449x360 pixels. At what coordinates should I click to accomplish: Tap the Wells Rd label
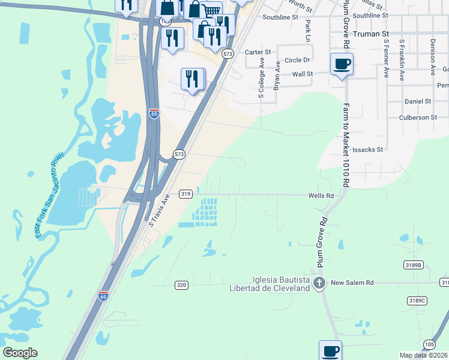point(321,196)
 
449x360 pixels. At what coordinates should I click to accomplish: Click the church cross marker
point(320,283)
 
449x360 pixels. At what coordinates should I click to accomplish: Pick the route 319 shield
point(185,194)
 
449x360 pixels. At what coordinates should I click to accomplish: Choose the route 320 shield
point(182,284)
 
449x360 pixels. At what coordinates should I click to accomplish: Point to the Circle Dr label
point(297,60)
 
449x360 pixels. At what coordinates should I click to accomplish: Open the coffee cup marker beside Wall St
point(342,64)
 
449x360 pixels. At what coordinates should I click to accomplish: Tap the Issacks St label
point(368,149)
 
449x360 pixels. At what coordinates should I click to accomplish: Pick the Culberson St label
point(418,118)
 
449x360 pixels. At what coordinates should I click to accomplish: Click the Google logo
point(20,353)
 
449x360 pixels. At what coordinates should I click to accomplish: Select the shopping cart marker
point(211,10)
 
